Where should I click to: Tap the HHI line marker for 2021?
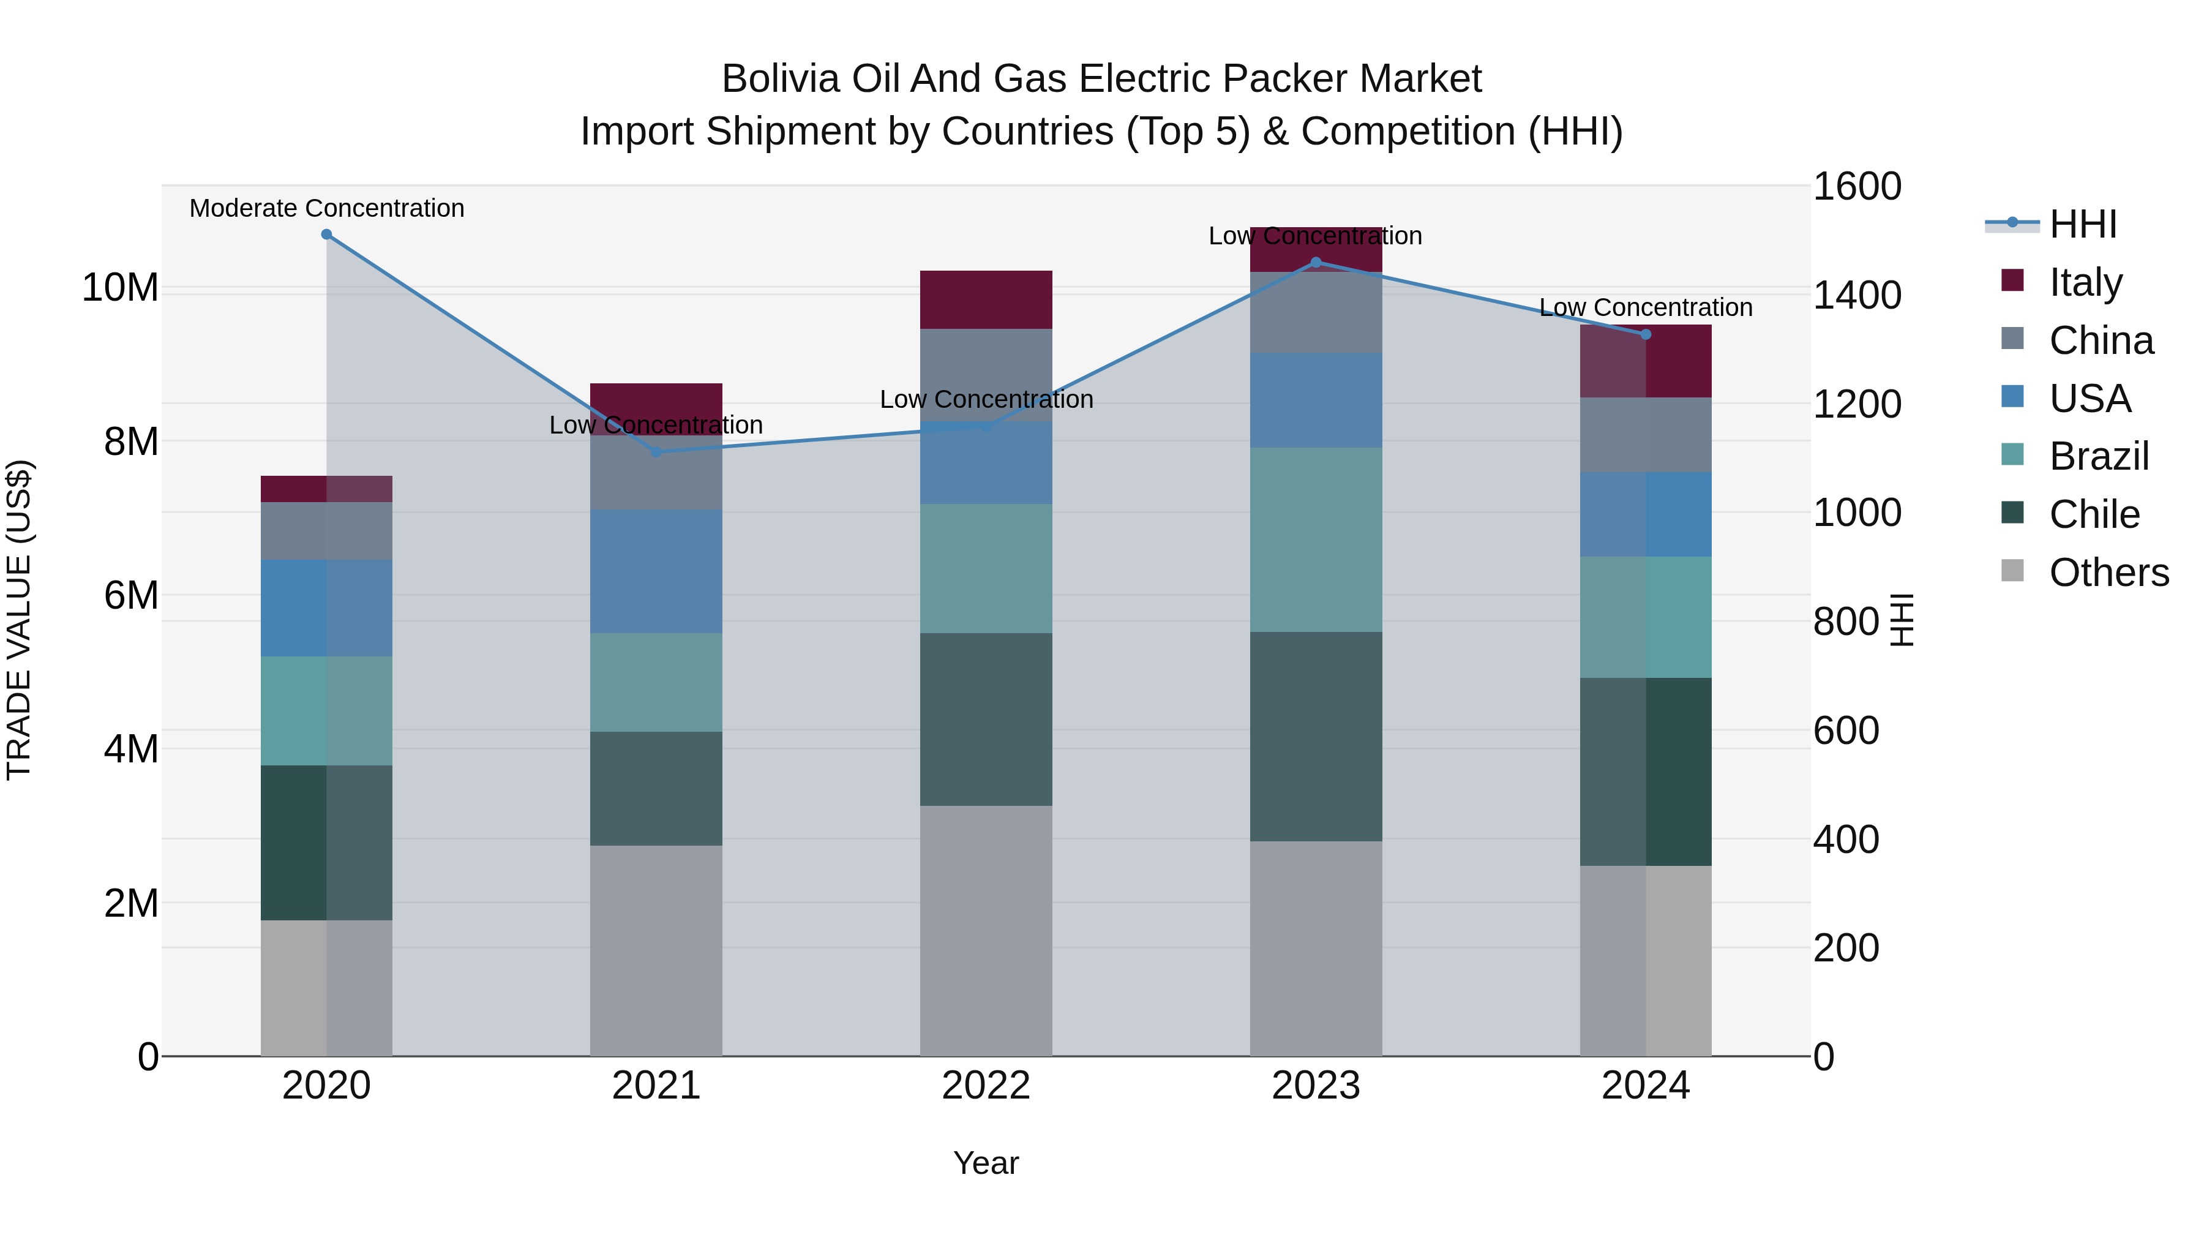(x=656, y=452)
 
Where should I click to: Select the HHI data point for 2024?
(x=1644, y=334)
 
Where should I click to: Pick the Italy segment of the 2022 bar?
(x=986, y=299)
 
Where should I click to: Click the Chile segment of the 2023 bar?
(x=1315, y=736)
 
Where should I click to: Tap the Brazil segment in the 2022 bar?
(x=986, y=568)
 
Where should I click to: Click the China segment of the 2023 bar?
(x=1315, y=312)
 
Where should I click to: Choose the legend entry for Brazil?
(x=2098, y=456)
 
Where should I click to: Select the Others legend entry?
(x=2108, y=573)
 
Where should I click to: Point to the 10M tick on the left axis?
(x=120, y=288)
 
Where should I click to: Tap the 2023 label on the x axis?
(x=1315, y=1086)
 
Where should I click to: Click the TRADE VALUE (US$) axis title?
(x=19, y=620)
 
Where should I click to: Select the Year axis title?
(x=986, y=1163)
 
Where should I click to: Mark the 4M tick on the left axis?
(x=131, y=749)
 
